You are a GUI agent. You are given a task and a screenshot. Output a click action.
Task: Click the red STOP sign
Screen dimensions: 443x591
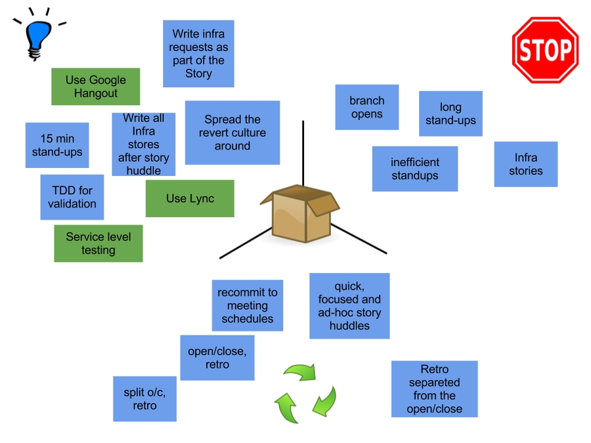545,50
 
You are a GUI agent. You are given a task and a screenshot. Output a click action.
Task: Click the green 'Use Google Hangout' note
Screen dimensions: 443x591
96,87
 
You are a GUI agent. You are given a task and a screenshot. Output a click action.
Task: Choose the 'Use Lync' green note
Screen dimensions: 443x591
190,198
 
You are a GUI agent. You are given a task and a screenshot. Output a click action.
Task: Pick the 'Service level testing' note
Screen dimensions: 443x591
98,243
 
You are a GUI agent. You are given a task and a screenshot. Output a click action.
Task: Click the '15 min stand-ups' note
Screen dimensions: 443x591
57,145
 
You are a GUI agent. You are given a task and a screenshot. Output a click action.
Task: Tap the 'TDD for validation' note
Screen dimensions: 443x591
72,197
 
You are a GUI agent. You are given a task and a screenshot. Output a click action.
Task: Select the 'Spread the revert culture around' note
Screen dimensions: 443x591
232,133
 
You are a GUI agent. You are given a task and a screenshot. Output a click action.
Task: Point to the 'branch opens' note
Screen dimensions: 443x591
366,107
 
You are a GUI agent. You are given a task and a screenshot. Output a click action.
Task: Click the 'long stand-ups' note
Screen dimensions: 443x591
450,114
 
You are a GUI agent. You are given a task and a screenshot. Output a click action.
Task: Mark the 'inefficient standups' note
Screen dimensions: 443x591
415,169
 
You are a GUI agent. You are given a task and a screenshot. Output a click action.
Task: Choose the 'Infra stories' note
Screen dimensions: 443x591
525,164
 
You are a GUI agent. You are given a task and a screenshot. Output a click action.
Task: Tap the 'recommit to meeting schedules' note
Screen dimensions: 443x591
248,305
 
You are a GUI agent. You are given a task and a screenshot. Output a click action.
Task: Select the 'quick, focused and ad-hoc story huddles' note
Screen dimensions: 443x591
349,306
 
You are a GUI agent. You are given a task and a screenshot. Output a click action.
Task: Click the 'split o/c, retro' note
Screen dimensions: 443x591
145,398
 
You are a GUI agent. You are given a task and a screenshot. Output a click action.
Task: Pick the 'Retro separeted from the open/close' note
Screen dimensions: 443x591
434,389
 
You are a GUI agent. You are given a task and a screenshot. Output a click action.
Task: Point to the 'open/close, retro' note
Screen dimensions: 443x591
217,358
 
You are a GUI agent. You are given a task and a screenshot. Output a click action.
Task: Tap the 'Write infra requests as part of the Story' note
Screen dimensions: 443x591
198,54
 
